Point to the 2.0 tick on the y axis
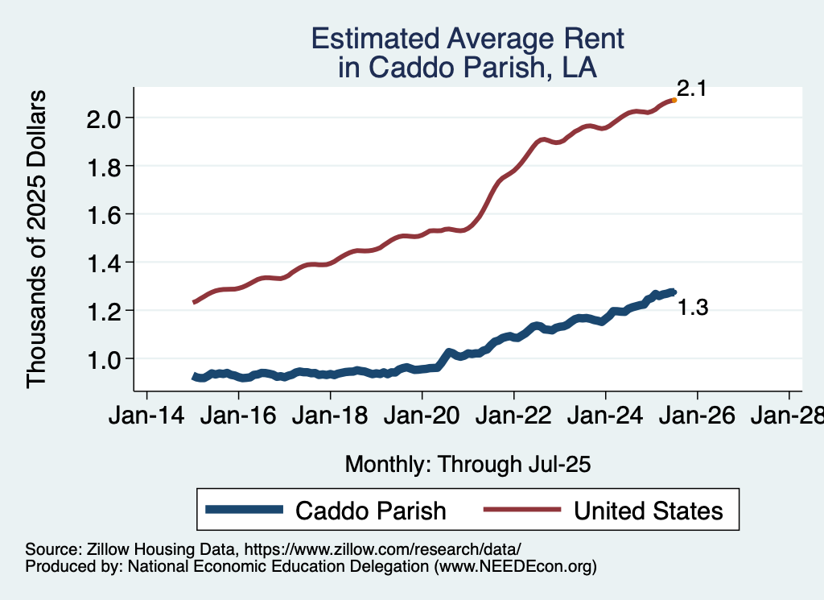pyautogui.click(x=104, y=118)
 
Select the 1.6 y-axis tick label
pyautogui.click(x=104, y=214)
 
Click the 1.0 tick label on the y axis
pyautogui.click(x=104, y=358)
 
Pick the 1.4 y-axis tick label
pyautogui.click(x=104, y=263)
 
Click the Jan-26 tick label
pyautogui.click(x=697, y=418)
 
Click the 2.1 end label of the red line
pyautogui.click(x=691, y=89)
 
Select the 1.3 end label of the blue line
pyautogui.click(x=692, y=308)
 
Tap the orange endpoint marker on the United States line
pyautogui.click(x=674, y=100)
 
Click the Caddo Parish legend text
pyautogui.click(x=370, y=511)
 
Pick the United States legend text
pyautogui.click(x=648, y=511)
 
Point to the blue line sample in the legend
pyautogui.click(x=245, y=510)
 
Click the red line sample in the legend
pyautogui.click(x=521, y=510)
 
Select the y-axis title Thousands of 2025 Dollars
pyautogui.click(x=37, y=239)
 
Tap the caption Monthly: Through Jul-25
pyautogui.click(x=468, y=465)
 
